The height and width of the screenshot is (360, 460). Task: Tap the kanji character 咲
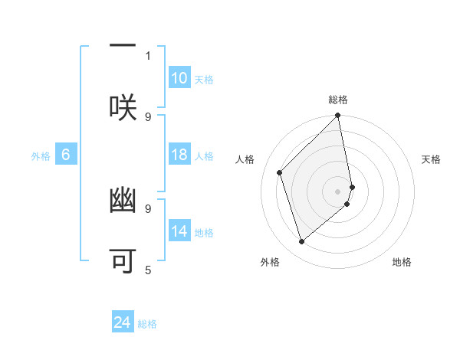click(x=123, y=106)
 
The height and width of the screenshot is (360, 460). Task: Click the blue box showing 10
click(x=179, y=78)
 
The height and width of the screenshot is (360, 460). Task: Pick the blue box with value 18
click(x=179, y=155)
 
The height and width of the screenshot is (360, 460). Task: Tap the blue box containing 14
click(x=179, y=231)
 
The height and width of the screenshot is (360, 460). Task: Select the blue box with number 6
click(x=66, y=155)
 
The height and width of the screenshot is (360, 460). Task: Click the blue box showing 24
click(x=123, y=322)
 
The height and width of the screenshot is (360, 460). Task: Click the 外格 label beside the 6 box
click(x=41, y=155)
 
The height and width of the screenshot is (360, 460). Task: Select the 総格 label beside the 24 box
click(x=147, y=324)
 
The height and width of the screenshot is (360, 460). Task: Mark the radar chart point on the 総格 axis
click(x=338, y=116)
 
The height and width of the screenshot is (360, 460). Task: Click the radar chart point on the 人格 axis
click(x=280, y=172)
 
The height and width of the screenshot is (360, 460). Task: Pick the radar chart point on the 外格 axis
click(x=301, y=242)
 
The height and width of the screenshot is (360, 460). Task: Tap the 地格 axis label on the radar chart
click(x=402, y=262)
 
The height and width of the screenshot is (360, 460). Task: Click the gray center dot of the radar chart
click(x=338, y=191)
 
